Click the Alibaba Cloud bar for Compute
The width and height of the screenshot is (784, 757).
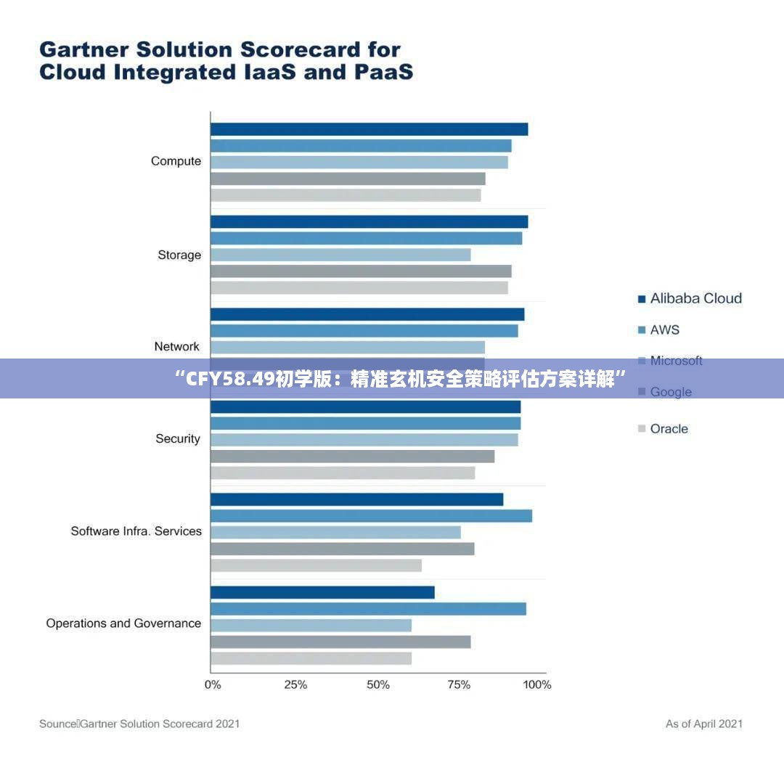point(369,129)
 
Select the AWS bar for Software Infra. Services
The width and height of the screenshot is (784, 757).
point(371,516)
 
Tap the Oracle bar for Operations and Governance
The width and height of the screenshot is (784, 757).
point(311,658)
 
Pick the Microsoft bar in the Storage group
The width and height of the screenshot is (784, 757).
point(340,255)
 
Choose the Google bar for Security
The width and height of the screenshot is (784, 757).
point(352,457)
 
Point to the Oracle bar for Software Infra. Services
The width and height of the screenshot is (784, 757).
point(316,565)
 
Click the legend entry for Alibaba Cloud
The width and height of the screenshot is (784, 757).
point(695,298)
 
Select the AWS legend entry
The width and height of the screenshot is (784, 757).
point(664,330)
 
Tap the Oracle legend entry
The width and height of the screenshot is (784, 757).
point(669,429)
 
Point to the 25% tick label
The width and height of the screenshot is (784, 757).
point(295,684)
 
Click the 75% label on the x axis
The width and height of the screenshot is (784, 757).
point(459,684)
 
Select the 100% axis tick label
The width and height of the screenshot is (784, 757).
point(537,684)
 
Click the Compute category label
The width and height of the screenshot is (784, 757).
point(176,161)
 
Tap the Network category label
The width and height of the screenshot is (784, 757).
point(176,346)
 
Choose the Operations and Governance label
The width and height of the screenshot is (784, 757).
point(123,623)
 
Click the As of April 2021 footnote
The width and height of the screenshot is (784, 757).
point(703,724)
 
